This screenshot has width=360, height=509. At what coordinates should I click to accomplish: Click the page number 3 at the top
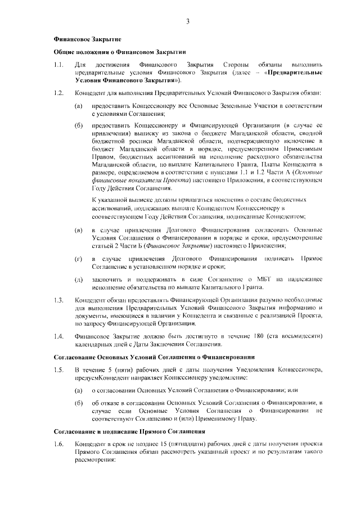pyautogui.click(x=187, y=22)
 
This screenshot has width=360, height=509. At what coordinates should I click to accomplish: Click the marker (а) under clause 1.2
pyautogui.click(x=79, y=106)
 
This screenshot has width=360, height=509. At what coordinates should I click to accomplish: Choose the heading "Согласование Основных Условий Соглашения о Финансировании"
pyautogui.click(x=154, y=357)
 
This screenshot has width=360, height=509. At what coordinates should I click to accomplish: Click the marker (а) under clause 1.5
pyautogui.click(x=79, y=389)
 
